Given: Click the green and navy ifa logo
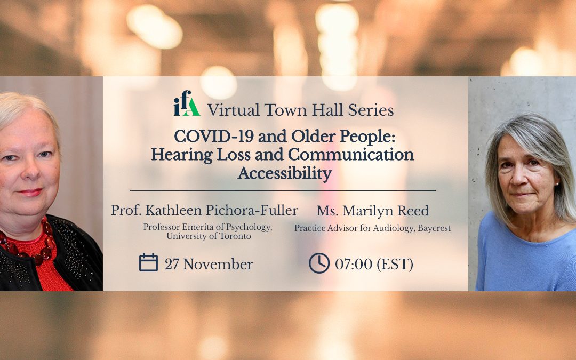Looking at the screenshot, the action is click(187, 103).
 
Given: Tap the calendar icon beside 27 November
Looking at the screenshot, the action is click(148, 262).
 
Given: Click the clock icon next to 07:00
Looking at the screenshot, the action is click(319, 263).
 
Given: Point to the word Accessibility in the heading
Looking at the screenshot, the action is click(285, 173).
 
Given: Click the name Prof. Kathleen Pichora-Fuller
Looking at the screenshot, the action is click(204, 211).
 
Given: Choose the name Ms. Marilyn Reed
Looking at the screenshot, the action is click(372, 211).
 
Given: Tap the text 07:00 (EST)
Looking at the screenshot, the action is click(374, 264).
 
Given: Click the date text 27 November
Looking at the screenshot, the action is click(209, 265).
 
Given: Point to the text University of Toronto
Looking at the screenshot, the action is click(209, 236).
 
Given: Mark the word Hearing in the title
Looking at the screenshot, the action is click(181, 155).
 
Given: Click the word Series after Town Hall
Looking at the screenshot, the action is click(371, 110).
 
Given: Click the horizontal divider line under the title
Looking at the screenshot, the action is click(283, 190).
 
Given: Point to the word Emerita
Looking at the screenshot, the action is click(195, 227).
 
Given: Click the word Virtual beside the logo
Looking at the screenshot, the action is click(234, 110).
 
